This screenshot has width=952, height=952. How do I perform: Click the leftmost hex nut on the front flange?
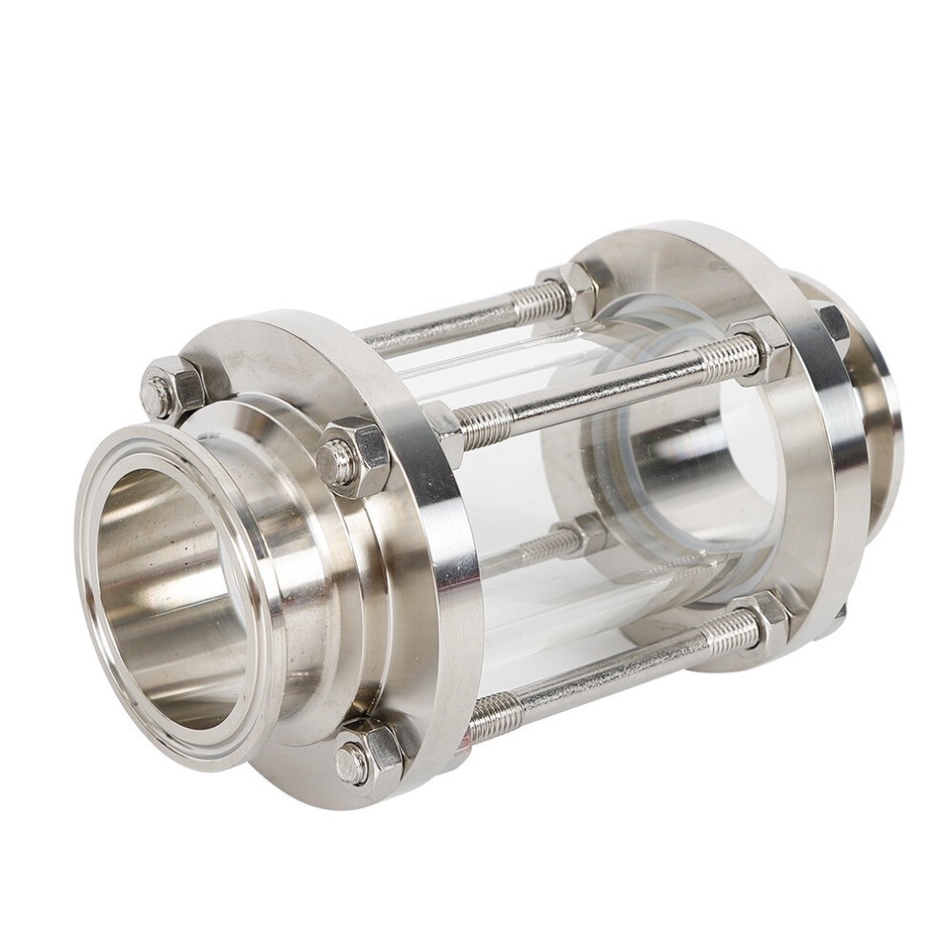click(171, 390)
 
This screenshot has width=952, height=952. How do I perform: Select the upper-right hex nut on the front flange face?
click(354, 457)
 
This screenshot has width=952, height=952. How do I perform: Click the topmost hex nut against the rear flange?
click(569, 288)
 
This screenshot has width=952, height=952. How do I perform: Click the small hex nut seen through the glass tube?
click(585, 536)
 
